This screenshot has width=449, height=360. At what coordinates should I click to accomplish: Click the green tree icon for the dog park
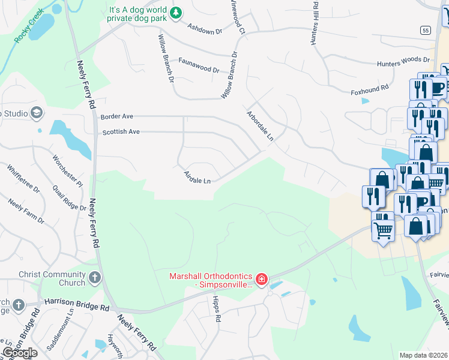tap(176, 13)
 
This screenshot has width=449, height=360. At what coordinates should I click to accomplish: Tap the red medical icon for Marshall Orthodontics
tap(261, 279)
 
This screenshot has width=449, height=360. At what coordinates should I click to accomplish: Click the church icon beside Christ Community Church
tap(94, 277)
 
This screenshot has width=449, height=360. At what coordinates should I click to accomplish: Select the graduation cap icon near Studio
tap(37, 113)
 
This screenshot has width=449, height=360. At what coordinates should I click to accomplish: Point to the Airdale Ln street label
tap(197, 177)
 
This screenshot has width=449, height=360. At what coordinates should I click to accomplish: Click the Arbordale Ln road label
tap(260, 125)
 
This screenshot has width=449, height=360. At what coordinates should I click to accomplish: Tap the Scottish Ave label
tap(121, 132)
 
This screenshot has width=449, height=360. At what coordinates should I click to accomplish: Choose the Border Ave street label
tap(117, 116)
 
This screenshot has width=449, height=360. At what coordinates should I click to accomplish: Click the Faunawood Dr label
tap(199, 65)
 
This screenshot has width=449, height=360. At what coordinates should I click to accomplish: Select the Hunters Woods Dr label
tap(403, 61)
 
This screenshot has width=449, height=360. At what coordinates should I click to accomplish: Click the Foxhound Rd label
tap(370, 88)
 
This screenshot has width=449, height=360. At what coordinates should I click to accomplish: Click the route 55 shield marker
tap(426, 29)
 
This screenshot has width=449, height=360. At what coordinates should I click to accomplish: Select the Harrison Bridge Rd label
tap(75, 307)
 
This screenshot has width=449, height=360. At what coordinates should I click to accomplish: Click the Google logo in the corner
tap(20, 353)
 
